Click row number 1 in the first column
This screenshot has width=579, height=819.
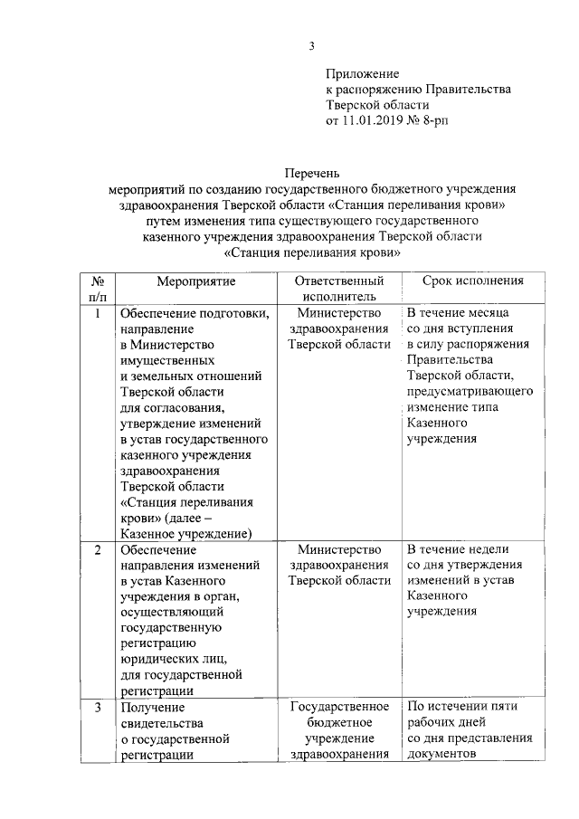click(98, 314)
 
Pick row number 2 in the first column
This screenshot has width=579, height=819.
click(98, 549)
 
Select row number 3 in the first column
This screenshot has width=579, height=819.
click(98, 707)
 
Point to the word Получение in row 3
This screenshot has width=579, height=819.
click(152, 707)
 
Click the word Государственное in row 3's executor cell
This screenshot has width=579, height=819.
click(339, 707)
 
